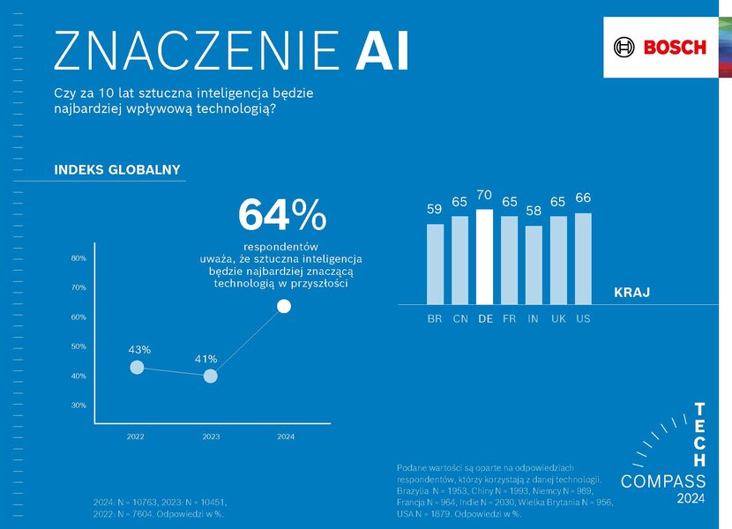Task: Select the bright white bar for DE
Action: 484,256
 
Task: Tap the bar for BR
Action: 435,263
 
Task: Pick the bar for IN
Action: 533,264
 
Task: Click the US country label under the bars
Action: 583,318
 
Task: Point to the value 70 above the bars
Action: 484,195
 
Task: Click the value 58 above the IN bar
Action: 533,211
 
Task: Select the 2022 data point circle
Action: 136,368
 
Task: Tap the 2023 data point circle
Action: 210,376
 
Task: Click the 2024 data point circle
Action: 284,306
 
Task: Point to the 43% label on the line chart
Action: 138,349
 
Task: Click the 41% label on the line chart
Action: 205,359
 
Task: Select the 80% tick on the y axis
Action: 78,258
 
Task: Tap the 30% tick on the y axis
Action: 78,406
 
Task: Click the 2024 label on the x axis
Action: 286,436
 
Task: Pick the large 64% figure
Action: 281,215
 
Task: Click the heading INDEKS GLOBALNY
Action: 117,169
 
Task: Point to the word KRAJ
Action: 631,292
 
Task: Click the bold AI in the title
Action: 381,51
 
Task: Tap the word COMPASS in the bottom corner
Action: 663,481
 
